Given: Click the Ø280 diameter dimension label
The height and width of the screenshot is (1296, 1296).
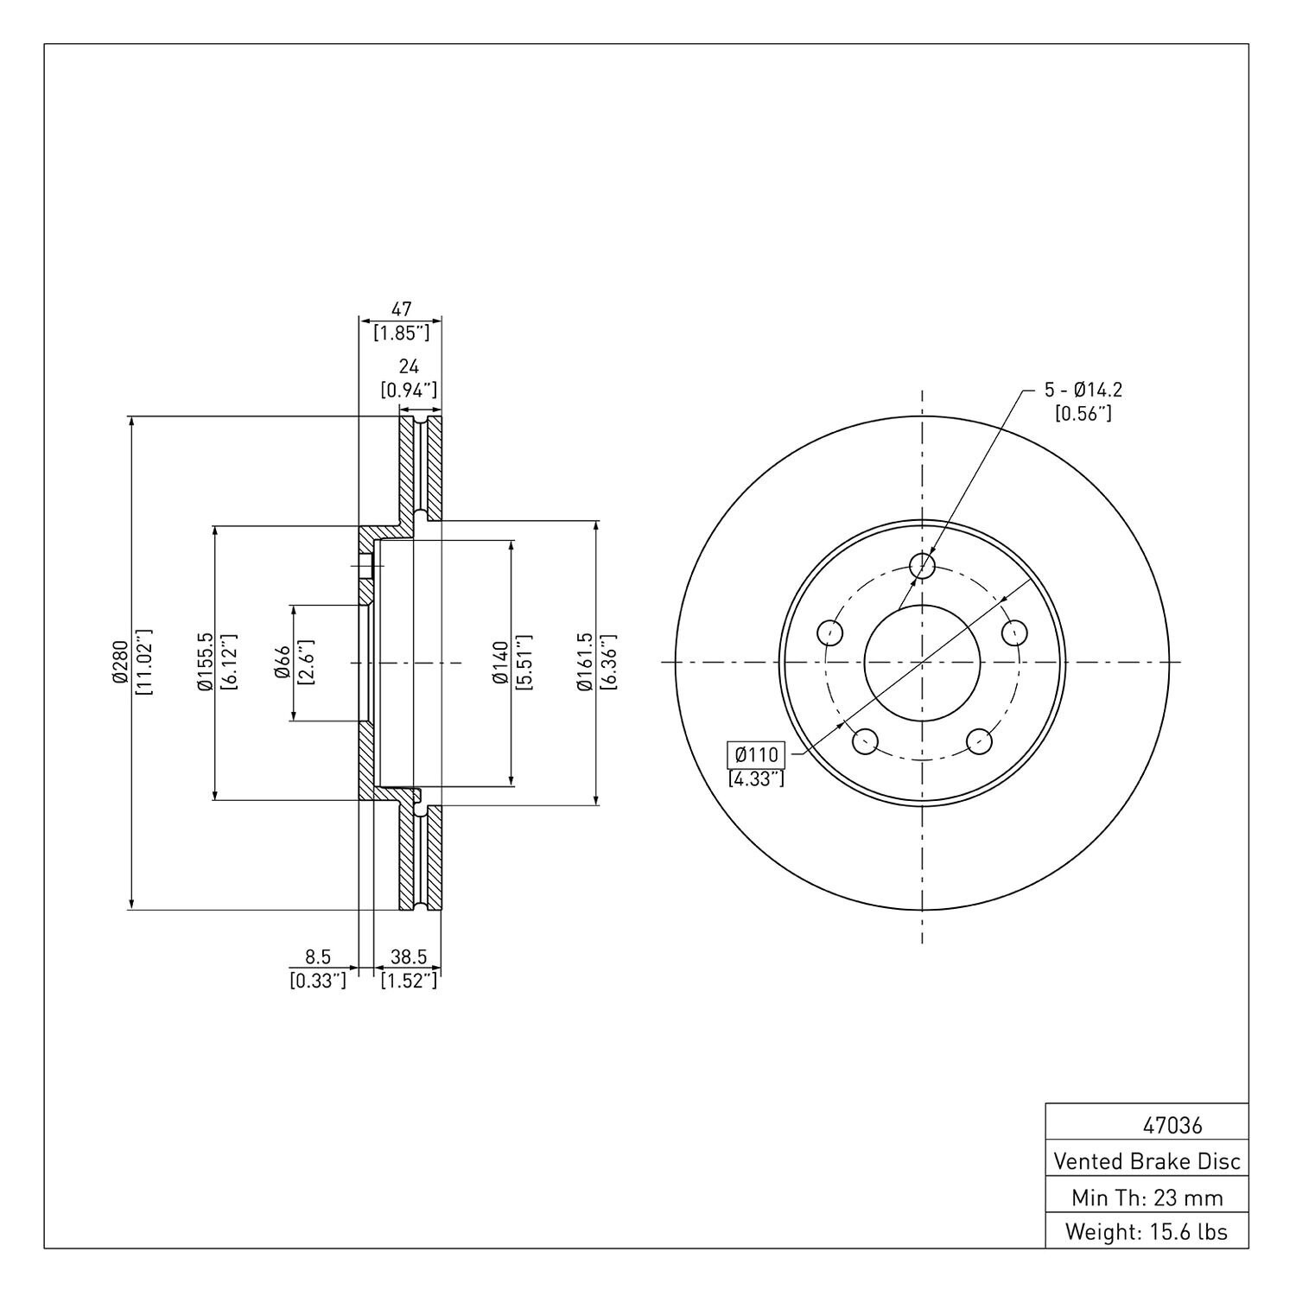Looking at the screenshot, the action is tap(120, 663).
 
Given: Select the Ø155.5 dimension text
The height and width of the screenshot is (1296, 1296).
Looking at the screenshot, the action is tap(205, 663).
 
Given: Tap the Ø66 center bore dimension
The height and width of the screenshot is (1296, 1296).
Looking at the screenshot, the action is tap(283, 663).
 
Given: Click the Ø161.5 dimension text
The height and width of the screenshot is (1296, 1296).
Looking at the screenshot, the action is tap(586, 663).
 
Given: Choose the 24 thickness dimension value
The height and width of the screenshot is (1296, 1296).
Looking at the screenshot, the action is tap(409, 367).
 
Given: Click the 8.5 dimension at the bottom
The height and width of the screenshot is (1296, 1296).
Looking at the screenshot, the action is tap(318, 957).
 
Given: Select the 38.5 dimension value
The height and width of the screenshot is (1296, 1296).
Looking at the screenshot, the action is tap(409, 957).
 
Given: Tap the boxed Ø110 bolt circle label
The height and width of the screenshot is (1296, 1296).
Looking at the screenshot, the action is tap(756, 755).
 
